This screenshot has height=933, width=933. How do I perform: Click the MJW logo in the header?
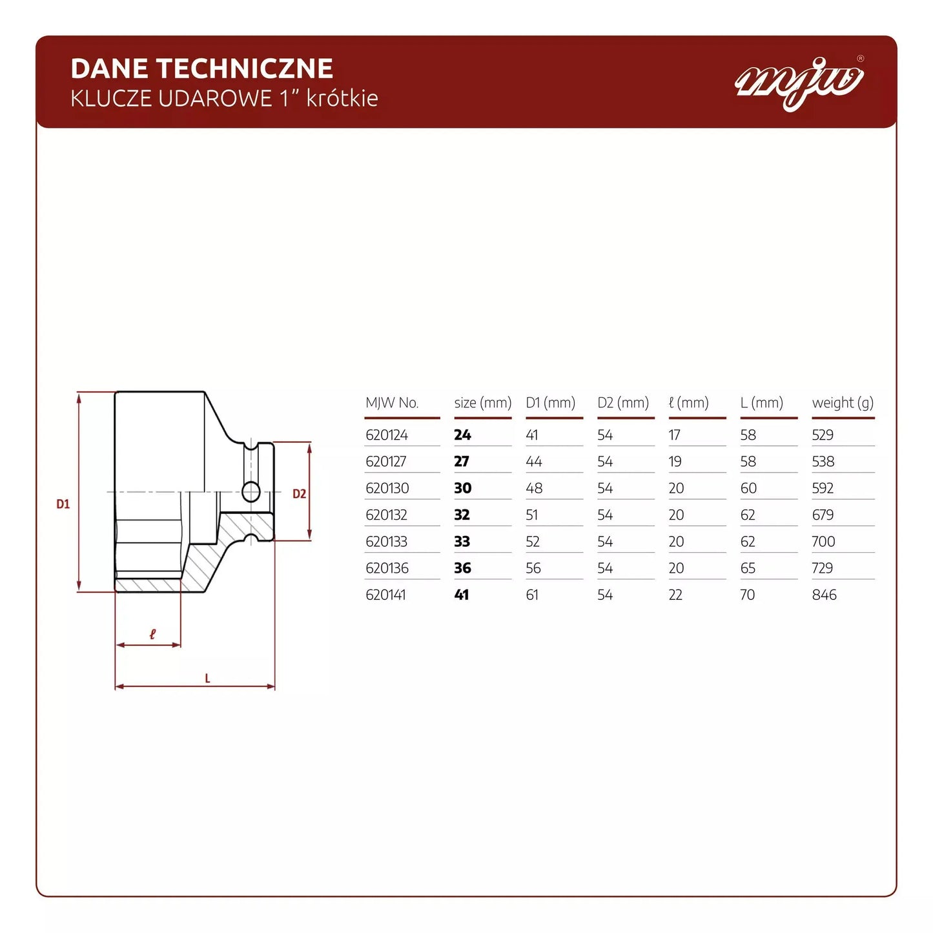(799, 82)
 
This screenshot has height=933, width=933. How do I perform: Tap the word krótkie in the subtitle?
(342, 98)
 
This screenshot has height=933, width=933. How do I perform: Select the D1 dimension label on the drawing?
(63, 504)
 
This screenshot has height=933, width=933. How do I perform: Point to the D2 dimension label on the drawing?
(299, 494)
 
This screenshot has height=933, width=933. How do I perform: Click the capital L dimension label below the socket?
(207, 679)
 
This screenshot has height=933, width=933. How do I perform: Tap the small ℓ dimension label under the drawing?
(152, 634)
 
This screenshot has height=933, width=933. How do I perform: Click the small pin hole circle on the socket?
(251, 492)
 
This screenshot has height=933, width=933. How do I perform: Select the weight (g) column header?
(843, 403)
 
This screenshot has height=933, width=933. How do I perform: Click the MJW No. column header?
(392, 403)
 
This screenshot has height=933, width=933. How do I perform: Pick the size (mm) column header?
(482, 403)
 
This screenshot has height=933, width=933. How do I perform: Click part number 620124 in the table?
(387, 435)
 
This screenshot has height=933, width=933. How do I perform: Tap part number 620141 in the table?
(385, 595)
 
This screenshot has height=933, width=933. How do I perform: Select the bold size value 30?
(462, 488)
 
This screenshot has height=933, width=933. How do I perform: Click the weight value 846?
(824, 595)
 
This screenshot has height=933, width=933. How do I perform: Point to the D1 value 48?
(534, 488)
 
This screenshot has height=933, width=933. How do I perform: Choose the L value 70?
(747, 595)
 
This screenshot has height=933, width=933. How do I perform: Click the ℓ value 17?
(674, 435)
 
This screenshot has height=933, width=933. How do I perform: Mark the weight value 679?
(823, 515)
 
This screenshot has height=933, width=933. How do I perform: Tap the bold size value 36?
(462, 568)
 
